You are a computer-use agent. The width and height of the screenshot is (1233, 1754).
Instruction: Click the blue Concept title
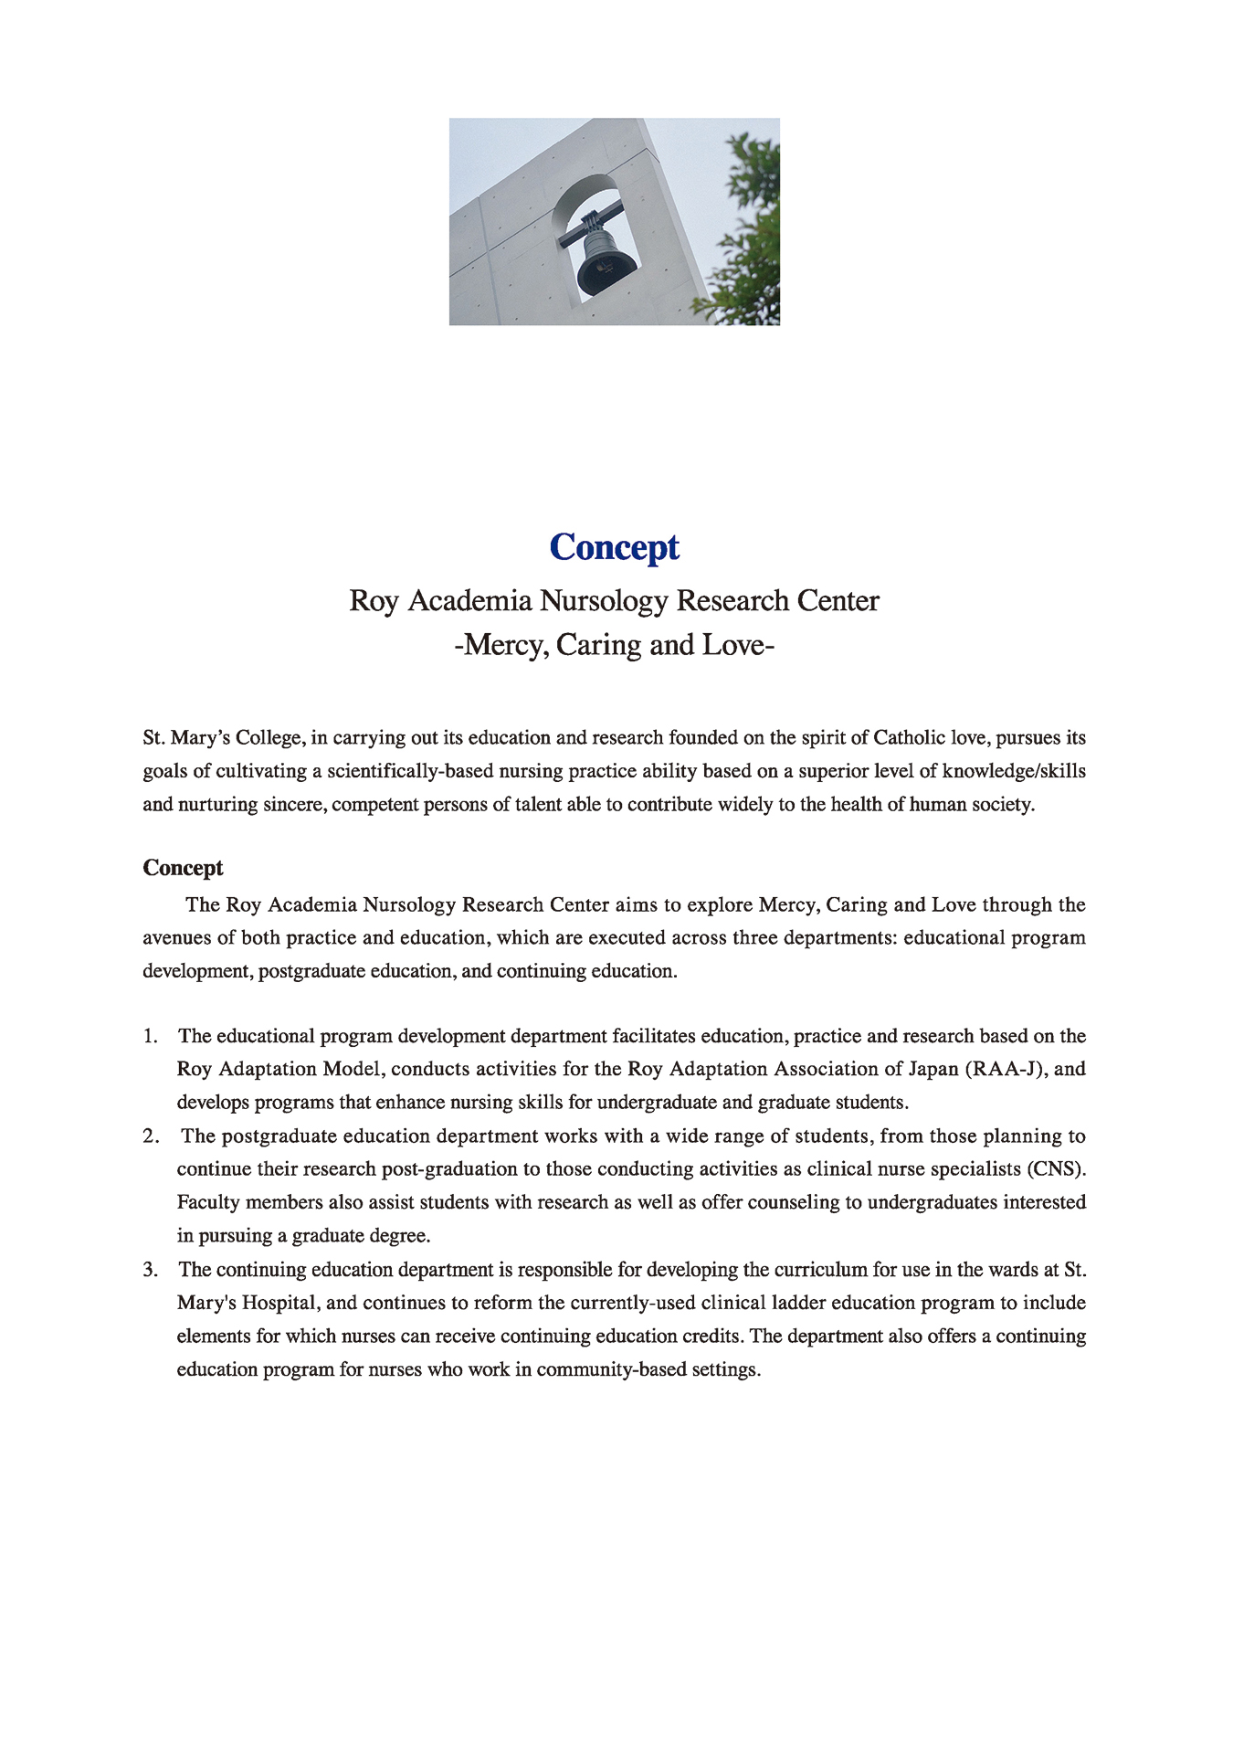pos(615,547)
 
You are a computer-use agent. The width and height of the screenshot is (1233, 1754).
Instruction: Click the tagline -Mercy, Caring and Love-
pos(615,645)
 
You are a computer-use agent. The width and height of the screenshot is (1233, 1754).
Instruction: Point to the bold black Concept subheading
pos(183,868)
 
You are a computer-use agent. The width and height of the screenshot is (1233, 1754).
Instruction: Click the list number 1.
pos(150,1036)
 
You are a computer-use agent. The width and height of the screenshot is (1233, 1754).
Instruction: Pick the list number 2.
pos(151,1136)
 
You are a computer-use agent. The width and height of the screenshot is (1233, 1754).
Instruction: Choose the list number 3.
pos(151,1270)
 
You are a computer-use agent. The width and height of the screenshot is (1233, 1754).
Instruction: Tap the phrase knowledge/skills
pos(1014,771)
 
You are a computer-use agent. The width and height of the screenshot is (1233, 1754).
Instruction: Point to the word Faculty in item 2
pos(208,1202)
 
